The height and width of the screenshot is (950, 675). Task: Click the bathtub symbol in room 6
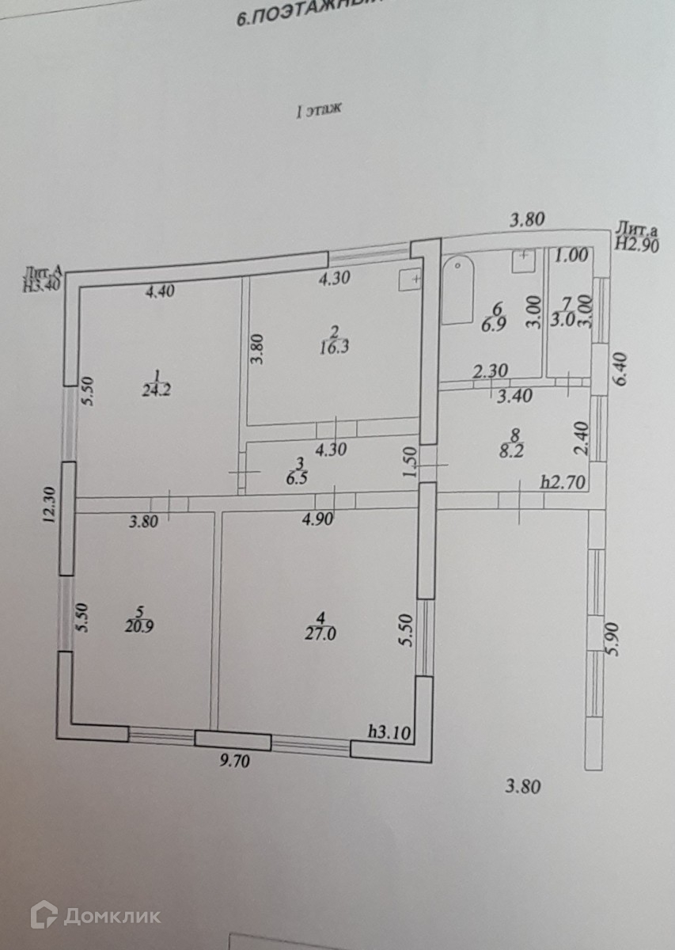(458, 290)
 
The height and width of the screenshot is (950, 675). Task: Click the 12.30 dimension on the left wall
(49, 503)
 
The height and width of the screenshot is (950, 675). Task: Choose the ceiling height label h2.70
(562, 480)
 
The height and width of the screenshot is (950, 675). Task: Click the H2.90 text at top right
(637, 244)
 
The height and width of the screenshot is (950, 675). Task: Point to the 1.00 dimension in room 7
(571, 256)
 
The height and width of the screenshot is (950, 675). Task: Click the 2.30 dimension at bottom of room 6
(490, 369)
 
